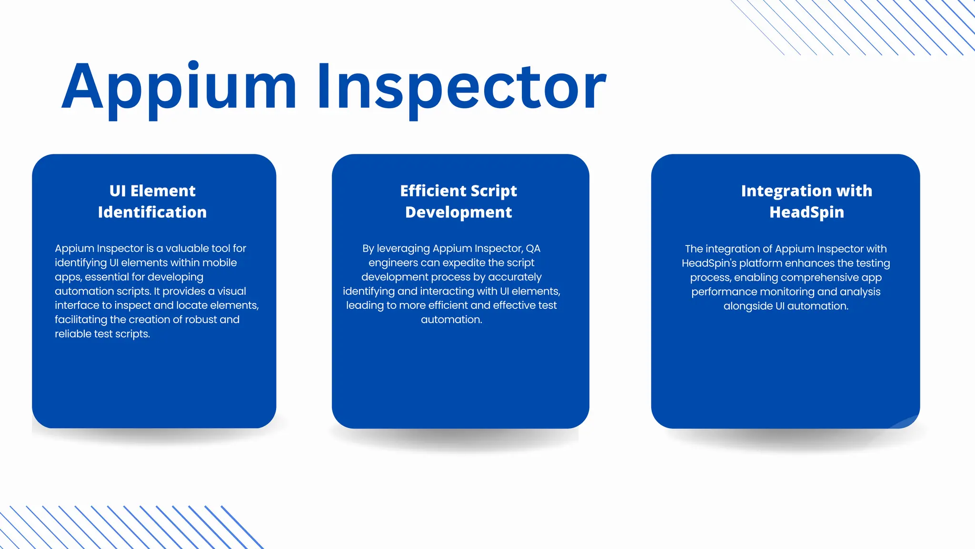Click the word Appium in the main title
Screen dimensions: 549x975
pyautogui.click(x=179, y=88)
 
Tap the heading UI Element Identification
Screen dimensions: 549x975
pyautogui.click(x=152, y=202)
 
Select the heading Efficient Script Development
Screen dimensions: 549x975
pyautogui.click(x=458, y=202)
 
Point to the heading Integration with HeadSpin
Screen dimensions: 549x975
pyautogui.click(x=806, y=202)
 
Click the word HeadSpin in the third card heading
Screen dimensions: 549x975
pyautogui.click(x=806, y=213)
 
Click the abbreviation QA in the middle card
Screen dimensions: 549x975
pyautogui.click(x=533, y=249)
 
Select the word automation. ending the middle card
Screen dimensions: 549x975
pyautogui.click(x=451, y=320)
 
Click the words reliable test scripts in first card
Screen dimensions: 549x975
pyautogui.click(x=102, y=334)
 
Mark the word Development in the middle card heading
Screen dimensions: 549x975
pyautogui.click(x=458, y=213)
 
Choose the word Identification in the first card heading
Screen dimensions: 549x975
pyautogui.click(x=152, y=213)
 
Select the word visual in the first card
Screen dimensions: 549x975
pyautogui.click(x=232, y=291)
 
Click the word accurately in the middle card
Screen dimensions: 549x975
pyautogui.click(x=515, y=277)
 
